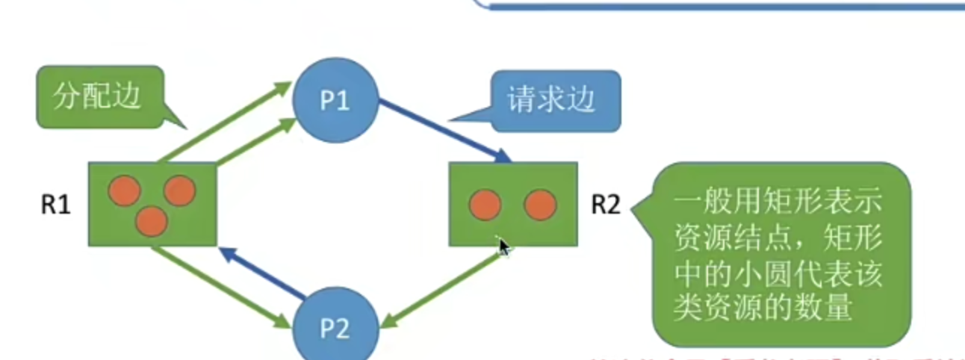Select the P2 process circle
[334, 329]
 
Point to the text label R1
[55, 205]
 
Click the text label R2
[606, 205]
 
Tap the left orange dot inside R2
[485, 204]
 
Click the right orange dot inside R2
[540, 204]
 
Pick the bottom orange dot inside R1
[152, 220]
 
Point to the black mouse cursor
[505, 246]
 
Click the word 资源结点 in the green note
[722, 240]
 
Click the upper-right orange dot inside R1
[179, 191]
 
